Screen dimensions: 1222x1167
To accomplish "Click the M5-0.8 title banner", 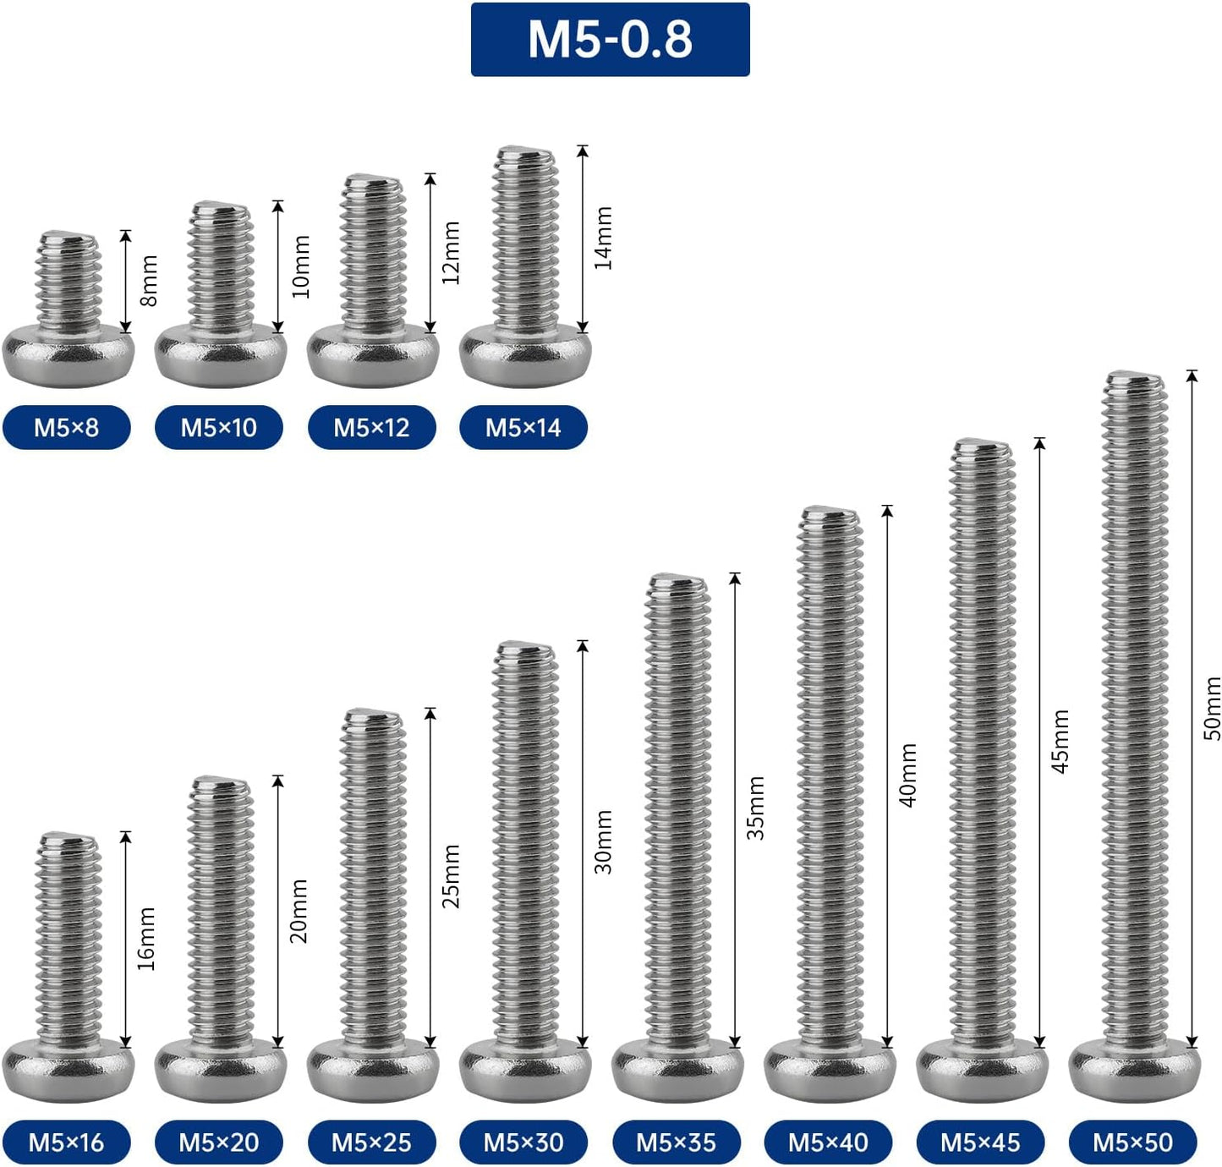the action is coord(610,40).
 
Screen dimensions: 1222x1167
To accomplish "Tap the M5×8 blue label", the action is coord(67,427).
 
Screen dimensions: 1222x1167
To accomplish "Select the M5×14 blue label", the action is coord(523,427).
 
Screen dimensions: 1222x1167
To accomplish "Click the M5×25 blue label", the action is coord(371,1142).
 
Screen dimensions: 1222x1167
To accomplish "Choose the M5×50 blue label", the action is coord(1132,1142).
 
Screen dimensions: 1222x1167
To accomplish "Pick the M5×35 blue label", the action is coord(676,1142).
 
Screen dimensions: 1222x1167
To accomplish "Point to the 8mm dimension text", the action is coord(149,281).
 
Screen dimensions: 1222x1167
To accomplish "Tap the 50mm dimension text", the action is coord(1212,708).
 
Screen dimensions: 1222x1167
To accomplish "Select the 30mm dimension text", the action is coord(604,841).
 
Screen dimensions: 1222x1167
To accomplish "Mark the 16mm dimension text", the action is coord(147,939).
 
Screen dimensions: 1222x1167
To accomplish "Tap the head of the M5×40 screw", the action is coord(830,1071).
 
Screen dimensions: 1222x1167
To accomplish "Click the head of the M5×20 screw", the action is coord(221,1071).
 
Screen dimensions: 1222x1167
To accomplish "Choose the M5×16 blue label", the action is coord(67,1142).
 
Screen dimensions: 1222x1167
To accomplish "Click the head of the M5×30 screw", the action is coord(525,1071).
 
